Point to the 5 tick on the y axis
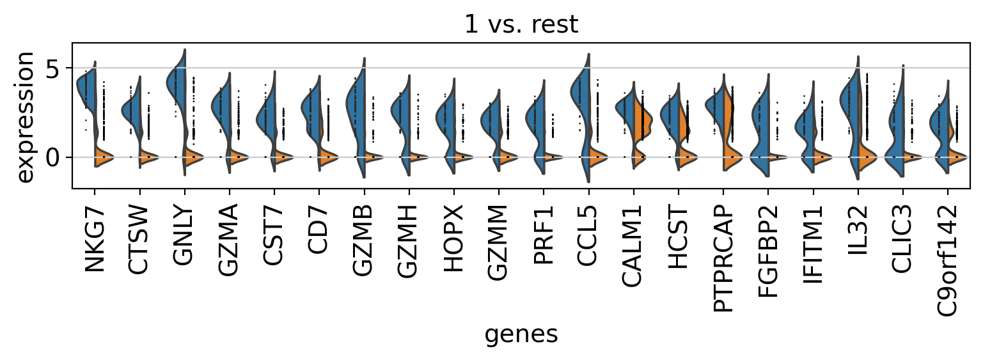[x=54, y=67]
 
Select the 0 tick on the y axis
[x=54, y=157]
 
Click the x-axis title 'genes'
[x=521, y=334]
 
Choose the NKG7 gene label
[x=95, y=238]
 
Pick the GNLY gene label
[x=184, y=238]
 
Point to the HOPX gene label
[x=453, y=238]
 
